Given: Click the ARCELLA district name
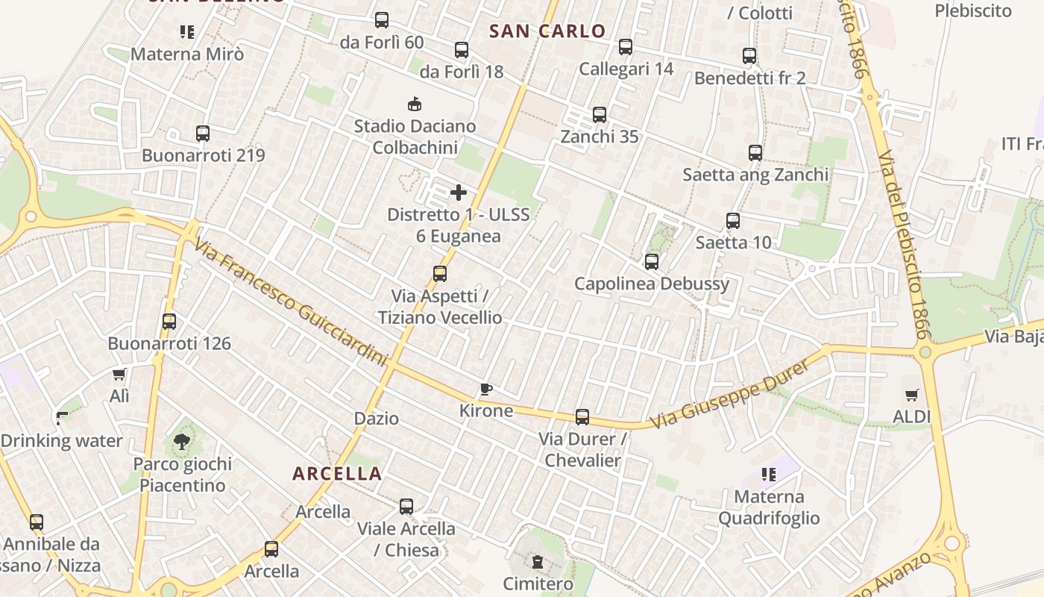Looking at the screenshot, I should tap(337, 474).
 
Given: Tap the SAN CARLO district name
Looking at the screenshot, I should tap(547, 31).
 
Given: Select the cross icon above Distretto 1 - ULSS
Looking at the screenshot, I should tap(459, 193).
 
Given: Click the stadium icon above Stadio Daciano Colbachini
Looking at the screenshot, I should tap(414, 104).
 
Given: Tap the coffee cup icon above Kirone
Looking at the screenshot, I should tap(485, 389).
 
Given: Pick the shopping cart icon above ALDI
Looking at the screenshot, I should tap(912, 395).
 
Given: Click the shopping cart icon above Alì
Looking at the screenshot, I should tap(119, 374).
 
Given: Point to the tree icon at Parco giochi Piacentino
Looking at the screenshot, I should tap(182, 442).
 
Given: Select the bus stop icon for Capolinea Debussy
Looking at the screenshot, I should tap(652, 262).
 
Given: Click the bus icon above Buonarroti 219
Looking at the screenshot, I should tap(203, 134).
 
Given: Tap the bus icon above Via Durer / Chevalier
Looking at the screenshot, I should tap(582, 417).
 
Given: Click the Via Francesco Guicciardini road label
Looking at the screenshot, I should tap(292, 302).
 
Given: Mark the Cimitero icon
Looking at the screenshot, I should tap(537, 562).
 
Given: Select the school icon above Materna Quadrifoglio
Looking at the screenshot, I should tap(769, 475).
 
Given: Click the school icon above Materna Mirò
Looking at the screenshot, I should tap(187, 32).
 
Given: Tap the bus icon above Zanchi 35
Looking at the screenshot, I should tap(600, 115).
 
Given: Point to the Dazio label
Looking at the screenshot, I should tap(377, 419).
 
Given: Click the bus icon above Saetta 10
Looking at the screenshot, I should tap(733, 221).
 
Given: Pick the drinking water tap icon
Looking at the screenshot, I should tap(62, 418).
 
